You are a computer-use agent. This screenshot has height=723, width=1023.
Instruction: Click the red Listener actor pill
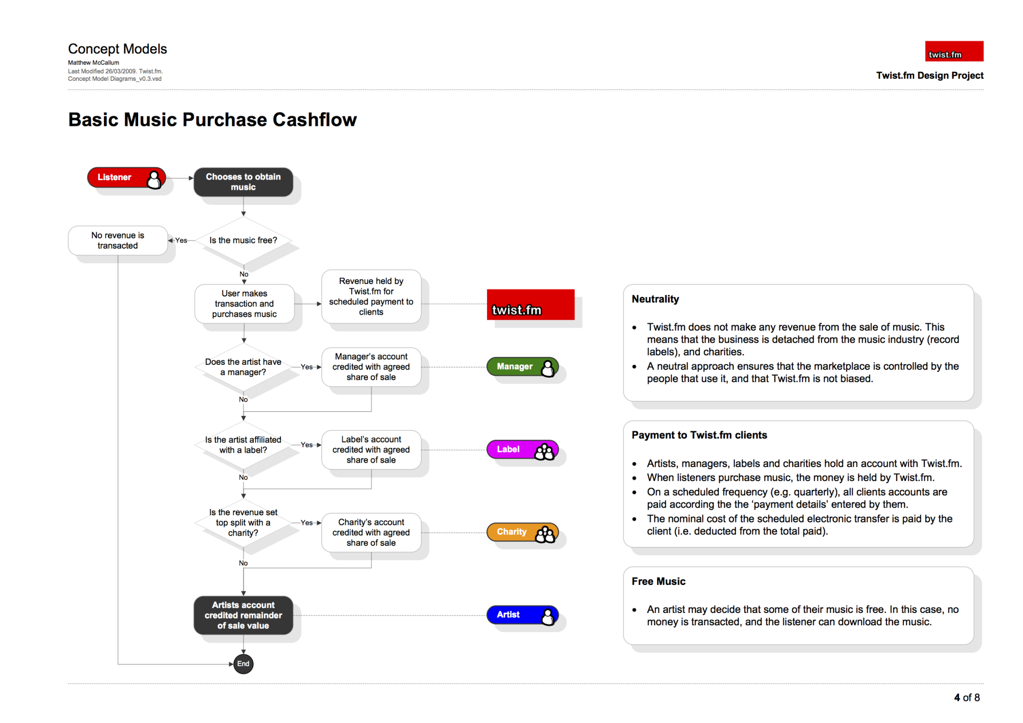point(126,178)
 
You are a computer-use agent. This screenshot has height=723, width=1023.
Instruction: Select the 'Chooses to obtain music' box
point(243,182)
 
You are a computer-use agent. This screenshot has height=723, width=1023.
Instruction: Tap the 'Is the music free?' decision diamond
point(243,240)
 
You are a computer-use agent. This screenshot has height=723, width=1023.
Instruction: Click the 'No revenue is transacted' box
point(118,240)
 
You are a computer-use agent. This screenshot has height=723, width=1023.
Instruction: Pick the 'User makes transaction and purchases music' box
point(244,304)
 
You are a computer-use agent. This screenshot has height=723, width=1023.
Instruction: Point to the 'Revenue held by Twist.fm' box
point(371,297)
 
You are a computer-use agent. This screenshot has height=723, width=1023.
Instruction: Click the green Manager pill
point(522,367)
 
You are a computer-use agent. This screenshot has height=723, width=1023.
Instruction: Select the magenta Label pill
point(522,450)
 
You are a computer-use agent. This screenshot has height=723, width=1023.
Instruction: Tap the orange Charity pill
point(522,533)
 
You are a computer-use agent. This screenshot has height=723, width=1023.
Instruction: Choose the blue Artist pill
point(522,615)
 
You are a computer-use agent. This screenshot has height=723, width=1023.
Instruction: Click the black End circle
point(243,664)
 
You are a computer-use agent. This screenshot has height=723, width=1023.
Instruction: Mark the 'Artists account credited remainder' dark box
point(243,616)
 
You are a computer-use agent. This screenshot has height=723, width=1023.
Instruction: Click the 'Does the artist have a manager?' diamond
point(243,367)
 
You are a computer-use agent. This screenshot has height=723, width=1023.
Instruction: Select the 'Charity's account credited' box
point(371,533)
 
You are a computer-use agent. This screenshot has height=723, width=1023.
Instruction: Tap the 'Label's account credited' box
point(371,450)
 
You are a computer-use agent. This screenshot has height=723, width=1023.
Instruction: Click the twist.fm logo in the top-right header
point(954,51)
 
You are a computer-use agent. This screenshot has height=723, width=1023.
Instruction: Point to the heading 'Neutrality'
point(655,299)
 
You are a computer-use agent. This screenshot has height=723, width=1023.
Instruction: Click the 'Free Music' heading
point(658,582)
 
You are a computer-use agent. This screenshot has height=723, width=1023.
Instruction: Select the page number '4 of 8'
point(967,698)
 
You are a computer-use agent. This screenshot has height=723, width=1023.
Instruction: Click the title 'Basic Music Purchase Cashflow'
point(212,120)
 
